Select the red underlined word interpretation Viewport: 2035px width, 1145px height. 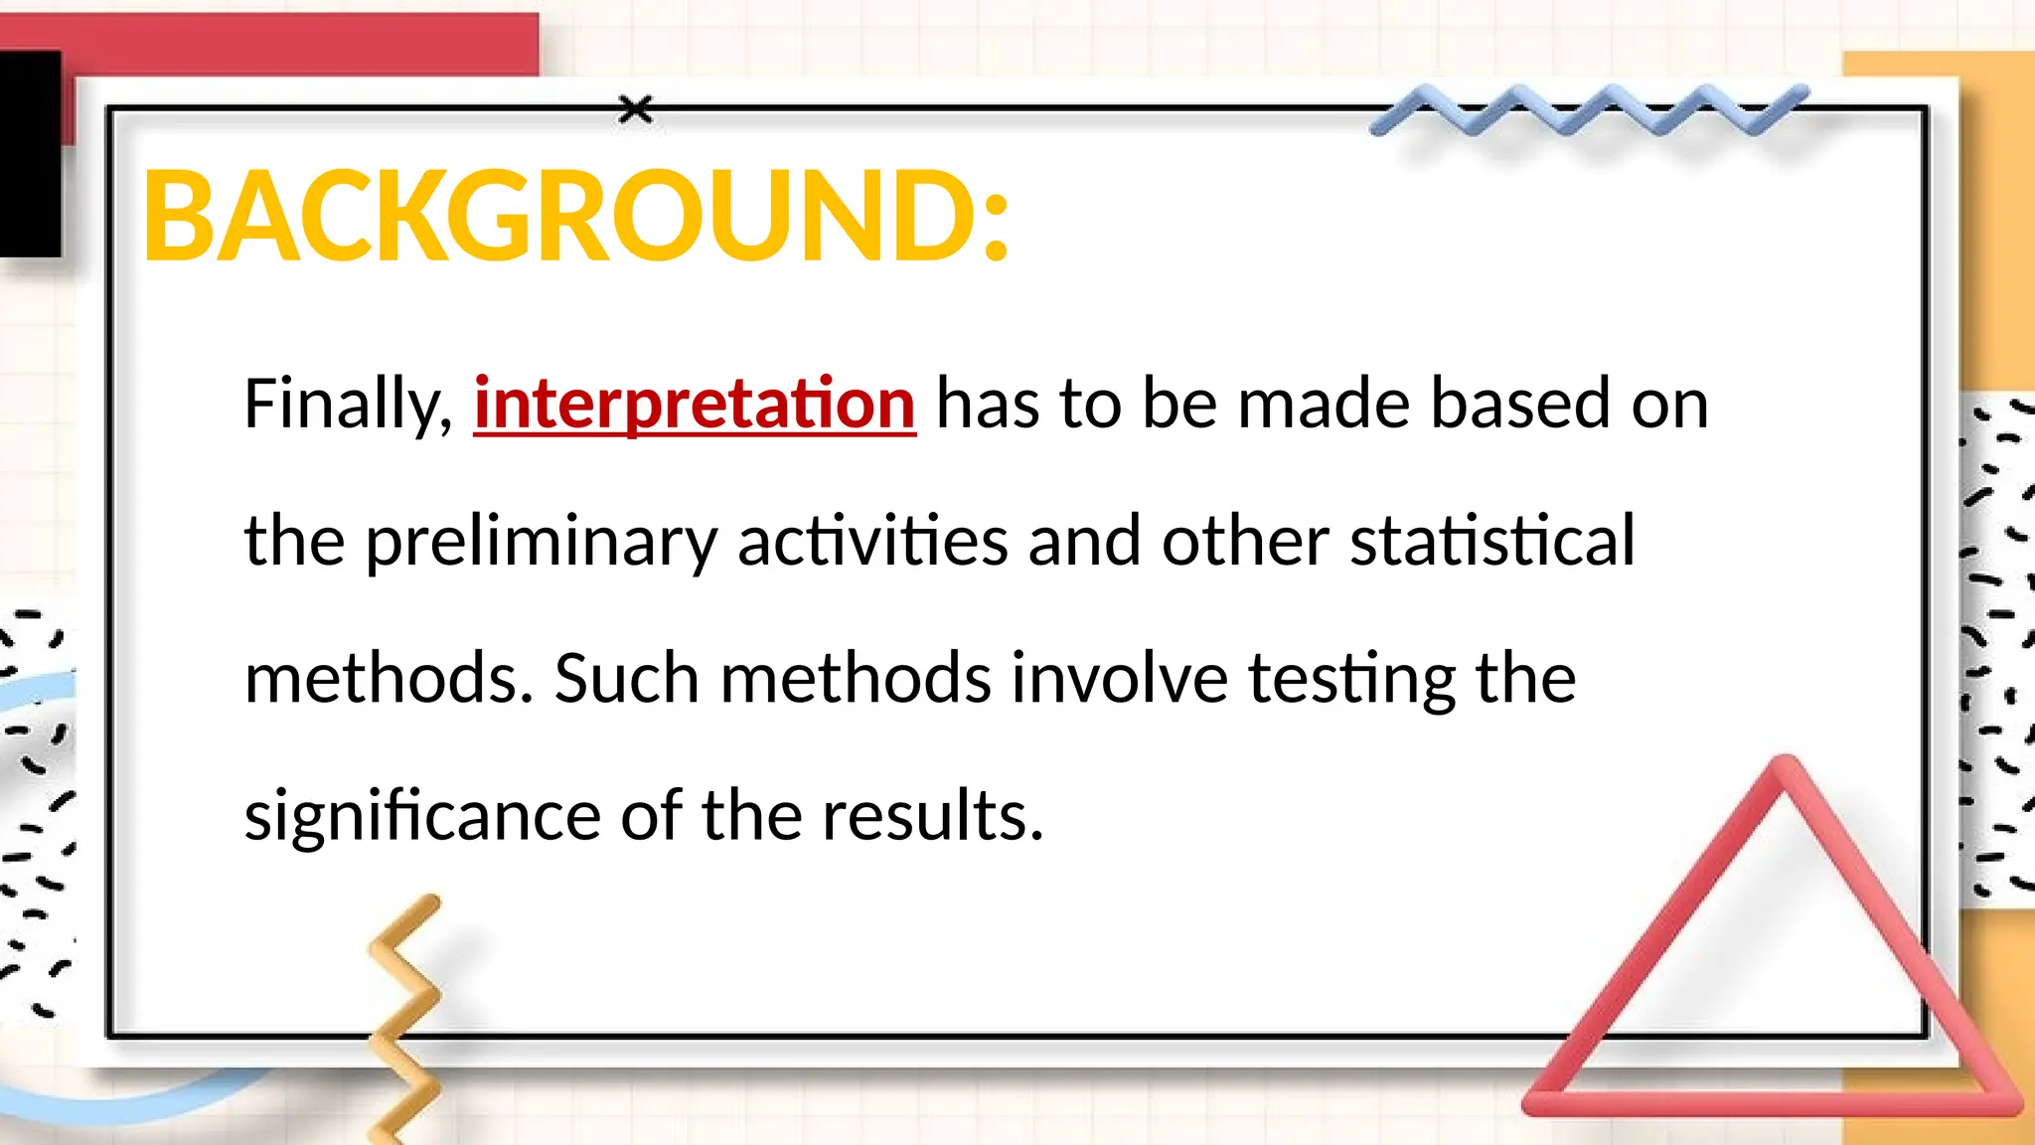tap(694, 404)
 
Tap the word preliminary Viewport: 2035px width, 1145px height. tap(541, 543)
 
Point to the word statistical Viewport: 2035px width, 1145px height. tap(1491, 541)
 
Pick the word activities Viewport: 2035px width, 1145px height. tap(872, 541)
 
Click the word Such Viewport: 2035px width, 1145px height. tap(627, 678)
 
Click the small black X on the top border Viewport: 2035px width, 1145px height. tap(636, 109)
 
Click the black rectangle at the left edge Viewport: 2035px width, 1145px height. tap(30, 154)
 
